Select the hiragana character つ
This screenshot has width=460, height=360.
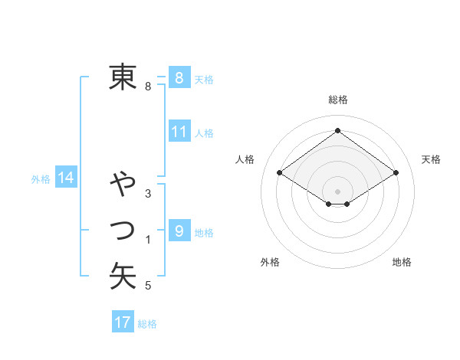pos(123,229)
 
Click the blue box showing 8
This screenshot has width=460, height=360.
pos(179,77)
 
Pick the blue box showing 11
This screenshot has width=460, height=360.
pos(179,131)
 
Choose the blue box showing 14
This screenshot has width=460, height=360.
pos(66,178)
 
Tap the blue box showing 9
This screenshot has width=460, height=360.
pos(179,231)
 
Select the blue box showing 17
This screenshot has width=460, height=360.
pos(123,322)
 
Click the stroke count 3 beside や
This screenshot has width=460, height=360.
pos(148,193)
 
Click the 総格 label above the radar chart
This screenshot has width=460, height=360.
pos(338,100)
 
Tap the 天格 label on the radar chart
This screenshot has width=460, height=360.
pos(431,159)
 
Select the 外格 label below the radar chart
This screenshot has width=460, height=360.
pos(270,262)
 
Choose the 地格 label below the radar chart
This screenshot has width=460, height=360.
pos(402,262)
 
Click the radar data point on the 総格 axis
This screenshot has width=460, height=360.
pos(337,130)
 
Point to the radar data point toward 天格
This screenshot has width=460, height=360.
pos(396,174)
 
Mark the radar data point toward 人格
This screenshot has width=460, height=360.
pos(279,174)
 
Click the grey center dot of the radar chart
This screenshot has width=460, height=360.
pos(337,191)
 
